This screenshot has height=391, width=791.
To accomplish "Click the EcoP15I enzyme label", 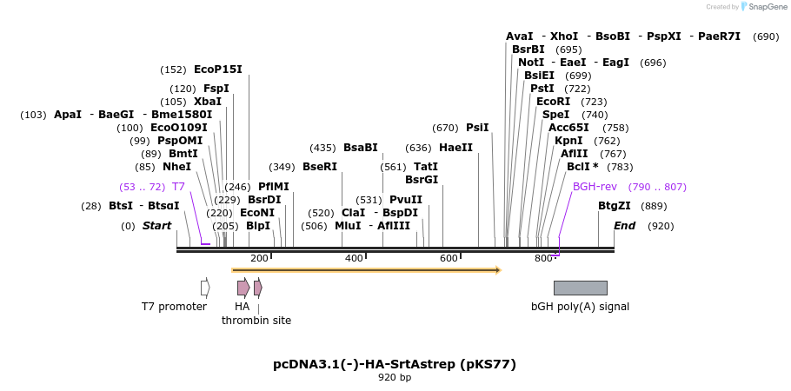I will pyautogui.click(x=217, y=70).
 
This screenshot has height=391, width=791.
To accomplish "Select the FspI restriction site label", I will pyautogui.click(x=216, y=89).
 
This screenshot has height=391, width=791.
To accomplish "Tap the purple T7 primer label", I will pyautogui.click(x=178, y=187).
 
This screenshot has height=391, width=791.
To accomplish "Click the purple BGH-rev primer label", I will pyautogui.click(x=595, y=187).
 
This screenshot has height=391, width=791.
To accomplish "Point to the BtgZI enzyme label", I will pyautogui.click(x=614, y=206).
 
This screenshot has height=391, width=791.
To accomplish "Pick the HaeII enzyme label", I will pyautogui.click(x=455, y=148).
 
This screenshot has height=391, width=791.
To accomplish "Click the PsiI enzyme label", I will pyautogui.click(x=477, y=128).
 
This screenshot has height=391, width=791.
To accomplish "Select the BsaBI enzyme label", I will pyautogui.click(x=360, y=148).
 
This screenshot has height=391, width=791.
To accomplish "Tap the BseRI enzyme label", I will pyautogui.click(x=319, y=167).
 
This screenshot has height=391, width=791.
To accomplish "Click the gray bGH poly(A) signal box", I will pyautogui.click(x=580, y=288).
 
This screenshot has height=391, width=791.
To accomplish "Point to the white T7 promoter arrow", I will pyautogui.click(x=205, y=288).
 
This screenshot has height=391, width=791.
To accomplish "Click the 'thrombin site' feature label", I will pyautogui.click(x=256, y=321).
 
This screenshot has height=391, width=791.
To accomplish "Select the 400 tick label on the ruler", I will pyautogui.click(x=354, y=258).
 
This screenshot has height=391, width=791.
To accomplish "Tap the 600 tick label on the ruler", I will pyautogui.click(x=449, y=258).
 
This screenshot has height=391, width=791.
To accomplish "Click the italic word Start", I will pyautogui.click(x=156, y=226).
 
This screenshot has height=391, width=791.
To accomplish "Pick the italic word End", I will pyautogui.click(x=624, y=226).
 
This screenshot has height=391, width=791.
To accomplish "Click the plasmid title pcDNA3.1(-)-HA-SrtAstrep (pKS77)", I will pyautogui.click(x=395, y=364).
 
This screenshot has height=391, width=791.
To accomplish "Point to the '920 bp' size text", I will pyautogui.click(x=395, y=378).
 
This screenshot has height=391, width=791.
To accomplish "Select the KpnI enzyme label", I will pyautogui.click(x=568, y=141).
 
